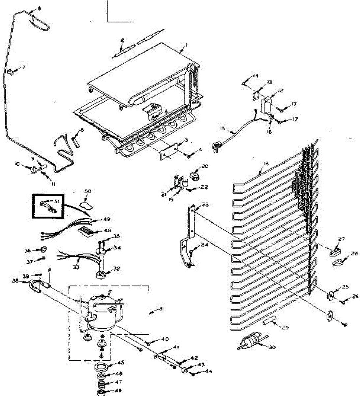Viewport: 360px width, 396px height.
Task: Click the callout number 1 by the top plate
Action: (x=186, y=45)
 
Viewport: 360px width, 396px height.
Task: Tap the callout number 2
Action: (x=123, y=41)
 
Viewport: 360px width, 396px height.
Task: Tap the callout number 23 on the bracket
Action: (x=206, y=205)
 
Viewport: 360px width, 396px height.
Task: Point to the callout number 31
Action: (x=161, y=309)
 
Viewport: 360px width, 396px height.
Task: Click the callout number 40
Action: (x=165, y=339)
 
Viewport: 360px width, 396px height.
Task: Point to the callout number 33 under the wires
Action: (x=76, y=268)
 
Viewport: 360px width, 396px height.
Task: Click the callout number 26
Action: (x=355, y=296)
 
